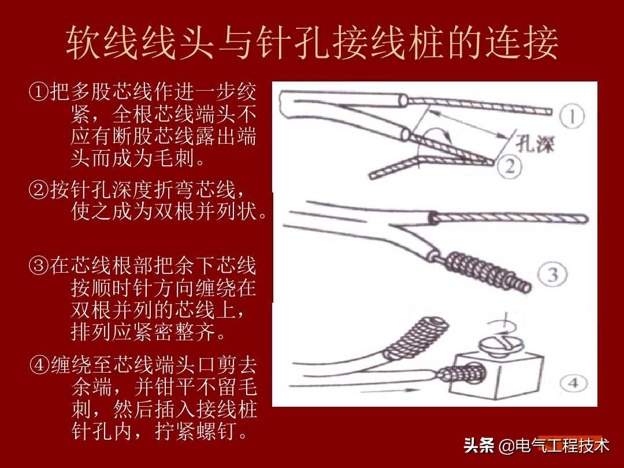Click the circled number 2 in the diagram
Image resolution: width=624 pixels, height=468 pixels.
(x=510, y=167)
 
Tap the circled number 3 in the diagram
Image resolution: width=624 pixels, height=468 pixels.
(x=554, y=275)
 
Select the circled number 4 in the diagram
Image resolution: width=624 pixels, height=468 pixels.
(x=575, y=382)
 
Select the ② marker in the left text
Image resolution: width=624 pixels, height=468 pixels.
(x=39, y=189)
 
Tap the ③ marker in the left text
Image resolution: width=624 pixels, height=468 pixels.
(x=39, y=265)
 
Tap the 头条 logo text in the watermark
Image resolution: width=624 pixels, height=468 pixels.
(x=479, y=445)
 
